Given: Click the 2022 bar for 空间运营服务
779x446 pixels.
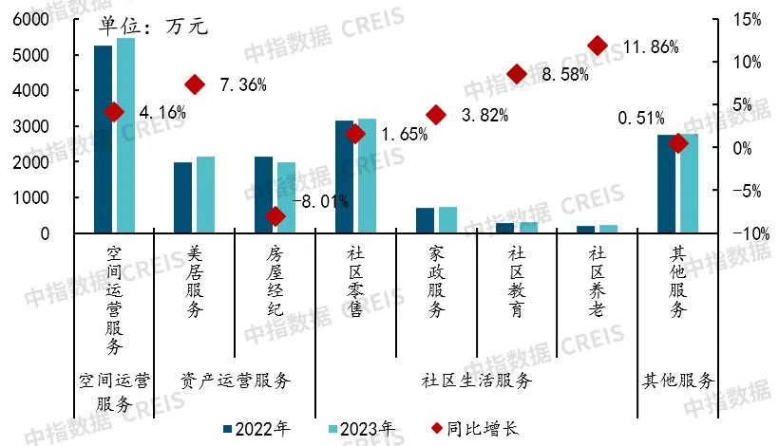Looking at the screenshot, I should click(103, 139).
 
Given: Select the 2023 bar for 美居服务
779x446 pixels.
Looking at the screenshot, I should click(205, 195).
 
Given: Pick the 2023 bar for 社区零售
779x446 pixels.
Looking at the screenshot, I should click(367, 176).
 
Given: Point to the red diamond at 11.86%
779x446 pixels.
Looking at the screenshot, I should click(598, 46).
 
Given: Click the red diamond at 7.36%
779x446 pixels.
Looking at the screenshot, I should click(195, 84).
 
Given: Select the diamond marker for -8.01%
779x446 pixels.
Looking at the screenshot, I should click(275, 216).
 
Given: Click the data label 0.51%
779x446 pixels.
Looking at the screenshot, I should click(641, 119).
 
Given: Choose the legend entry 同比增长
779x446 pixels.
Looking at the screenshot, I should click(481, 428).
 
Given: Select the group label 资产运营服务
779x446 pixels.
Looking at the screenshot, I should click(235, 381).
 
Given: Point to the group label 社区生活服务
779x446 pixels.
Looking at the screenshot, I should click(477, 381).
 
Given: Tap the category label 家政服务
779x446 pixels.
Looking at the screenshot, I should click(436, 281).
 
